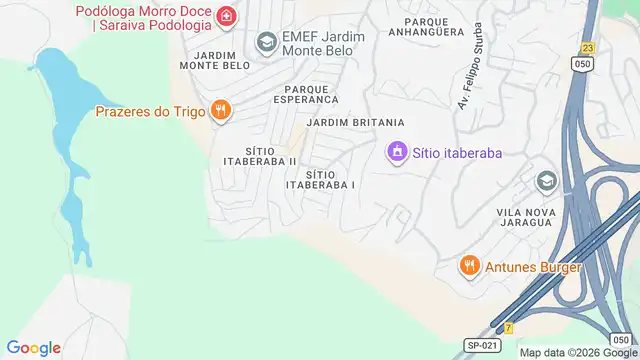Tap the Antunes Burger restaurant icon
[x=468, y=266]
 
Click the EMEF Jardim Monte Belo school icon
[x=266, y=42]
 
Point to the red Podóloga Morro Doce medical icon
[x=227, y=17]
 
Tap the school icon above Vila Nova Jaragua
[x=546, y=181]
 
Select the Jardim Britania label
[x=349, y=122]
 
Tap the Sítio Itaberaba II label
[x=257, y=156]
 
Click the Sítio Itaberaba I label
[x=321, y=179]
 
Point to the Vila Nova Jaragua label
[x=539, y=218]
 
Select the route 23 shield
[x=587, y=48]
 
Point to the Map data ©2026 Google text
[x=578, y=352]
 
